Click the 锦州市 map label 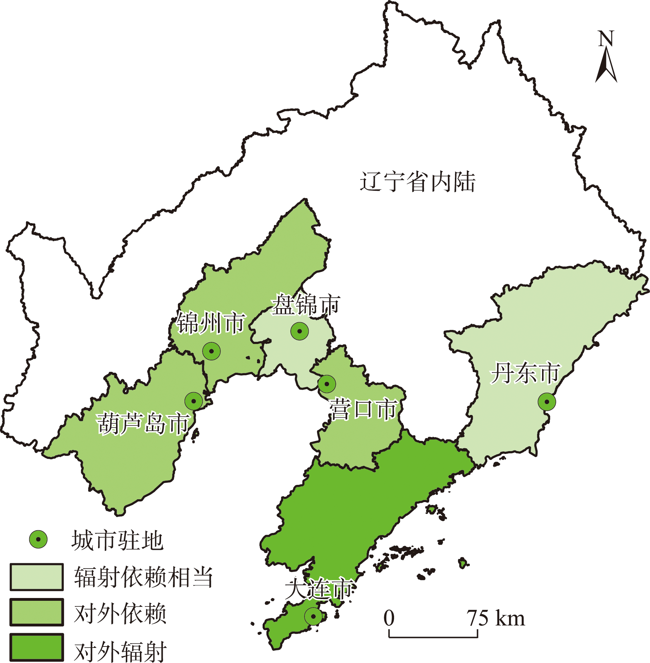click(211, 323)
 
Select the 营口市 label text click(363, 409)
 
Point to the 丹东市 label click(525, 373)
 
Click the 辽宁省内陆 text click(417, 182)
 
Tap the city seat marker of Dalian click(313, 616)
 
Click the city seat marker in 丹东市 click(547, 402)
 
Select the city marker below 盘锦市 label click(300, 331)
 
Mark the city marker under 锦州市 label click(211, 351)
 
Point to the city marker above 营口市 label click(327, 384)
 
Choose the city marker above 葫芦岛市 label click(193, 401)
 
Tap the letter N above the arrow click(606, 39)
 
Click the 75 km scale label click(496, 618)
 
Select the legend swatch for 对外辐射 click(37, 648)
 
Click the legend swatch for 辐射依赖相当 click(37, 577)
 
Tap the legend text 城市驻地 click(117, 540)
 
